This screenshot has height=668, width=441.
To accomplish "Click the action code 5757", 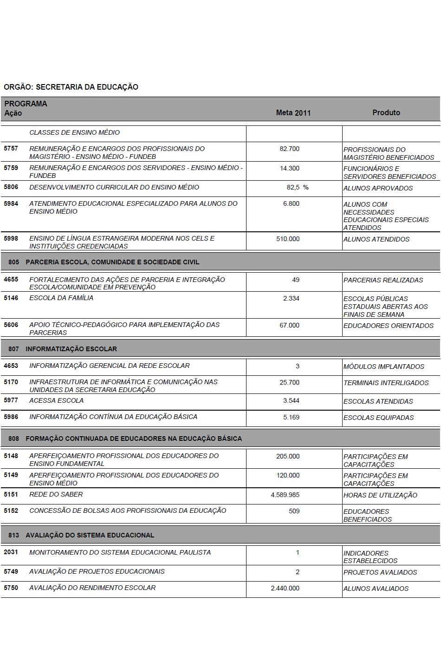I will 11,149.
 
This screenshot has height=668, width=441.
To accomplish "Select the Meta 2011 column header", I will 293,113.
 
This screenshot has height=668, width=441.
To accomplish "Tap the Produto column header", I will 386,112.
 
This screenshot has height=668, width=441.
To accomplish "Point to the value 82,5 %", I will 298,188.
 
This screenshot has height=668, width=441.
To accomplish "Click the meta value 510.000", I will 288,239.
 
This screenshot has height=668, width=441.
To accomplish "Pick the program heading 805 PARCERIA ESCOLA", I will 104,262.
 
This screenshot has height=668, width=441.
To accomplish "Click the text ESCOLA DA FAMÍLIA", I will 61,298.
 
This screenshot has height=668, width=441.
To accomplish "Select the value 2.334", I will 291,298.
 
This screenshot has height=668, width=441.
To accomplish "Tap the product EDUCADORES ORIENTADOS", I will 388,326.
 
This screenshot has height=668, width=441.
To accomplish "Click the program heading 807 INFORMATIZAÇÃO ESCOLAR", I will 63,349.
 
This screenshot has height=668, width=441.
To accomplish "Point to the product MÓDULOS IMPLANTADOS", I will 383,367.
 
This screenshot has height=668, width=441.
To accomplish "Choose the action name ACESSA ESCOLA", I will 57,400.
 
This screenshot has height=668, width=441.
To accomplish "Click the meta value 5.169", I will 291,417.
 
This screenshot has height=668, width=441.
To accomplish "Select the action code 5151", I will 11,494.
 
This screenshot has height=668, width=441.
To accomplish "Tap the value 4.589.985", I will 285,495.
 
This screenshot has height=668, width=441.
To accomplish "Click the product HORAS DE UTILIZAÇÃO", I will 380,495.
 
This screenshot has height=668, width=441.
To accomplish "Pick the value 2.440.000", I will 285,588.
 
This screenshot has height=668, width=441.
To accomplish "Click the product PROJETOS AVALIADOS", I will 380,572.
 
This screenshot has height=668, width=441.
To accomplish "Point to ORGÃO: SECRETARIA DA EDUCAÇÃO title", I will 71,87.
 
